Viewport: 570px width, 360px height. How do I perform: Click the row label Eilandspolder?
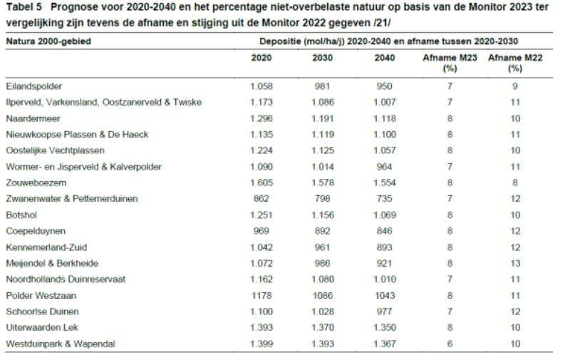(x=33, y=86)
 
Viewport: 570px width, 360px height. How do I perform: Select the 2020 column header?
(x=261, y=58)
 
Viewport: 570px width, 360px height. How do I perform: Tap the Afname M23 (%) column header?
(x=450, y=63)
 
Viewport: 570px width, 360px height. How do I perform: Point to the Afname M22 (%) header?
(x=515, y=63)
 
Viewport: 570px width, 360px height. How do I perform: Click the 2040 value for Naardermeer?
(x=385, y=118)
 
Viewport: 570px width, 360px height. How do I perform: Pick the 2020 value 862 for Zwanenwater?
(x=261, y=199)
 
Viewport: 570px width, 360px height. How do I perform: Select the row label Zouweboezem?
(x=36, y=182)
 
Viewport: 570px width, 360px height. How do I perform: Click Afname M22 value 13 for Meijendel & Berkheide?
(x=515, y=263)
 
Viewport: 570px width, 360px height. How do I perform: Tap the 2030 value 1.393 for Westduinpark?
(x=323, y=344)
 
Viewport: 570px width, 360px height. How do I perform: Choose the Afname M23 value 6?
(x=450, y=344)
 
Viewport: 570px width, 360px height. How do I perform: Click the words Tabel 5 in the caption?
(x=24, y=7)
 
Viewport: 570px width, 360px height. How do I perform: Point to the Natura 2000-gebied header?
(x=48, y=41)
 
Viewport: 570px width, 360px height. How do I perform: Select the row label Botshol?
(x=21, y=215)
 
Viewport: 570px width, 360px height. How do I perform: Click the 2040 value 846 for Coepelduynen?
(x=385, y=231)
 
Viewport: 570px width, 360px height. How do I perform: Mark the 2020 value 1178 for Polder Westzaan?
(x=261, y=295)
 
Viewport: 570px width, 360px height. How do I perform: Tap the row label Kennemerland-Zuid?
(x=46, y=247)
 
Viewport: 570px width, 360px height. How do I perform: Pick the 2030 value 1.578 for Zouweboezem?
(x=323, y=182)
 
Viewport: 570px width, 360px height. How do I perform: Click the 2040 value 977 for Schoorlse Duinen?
(x=385, y=312)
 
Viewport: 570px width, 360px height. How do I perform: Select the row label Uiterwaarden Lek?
(x=42, y=328)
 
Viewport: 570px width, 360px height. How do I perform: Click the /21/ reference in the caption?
(x=382, y=23)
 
